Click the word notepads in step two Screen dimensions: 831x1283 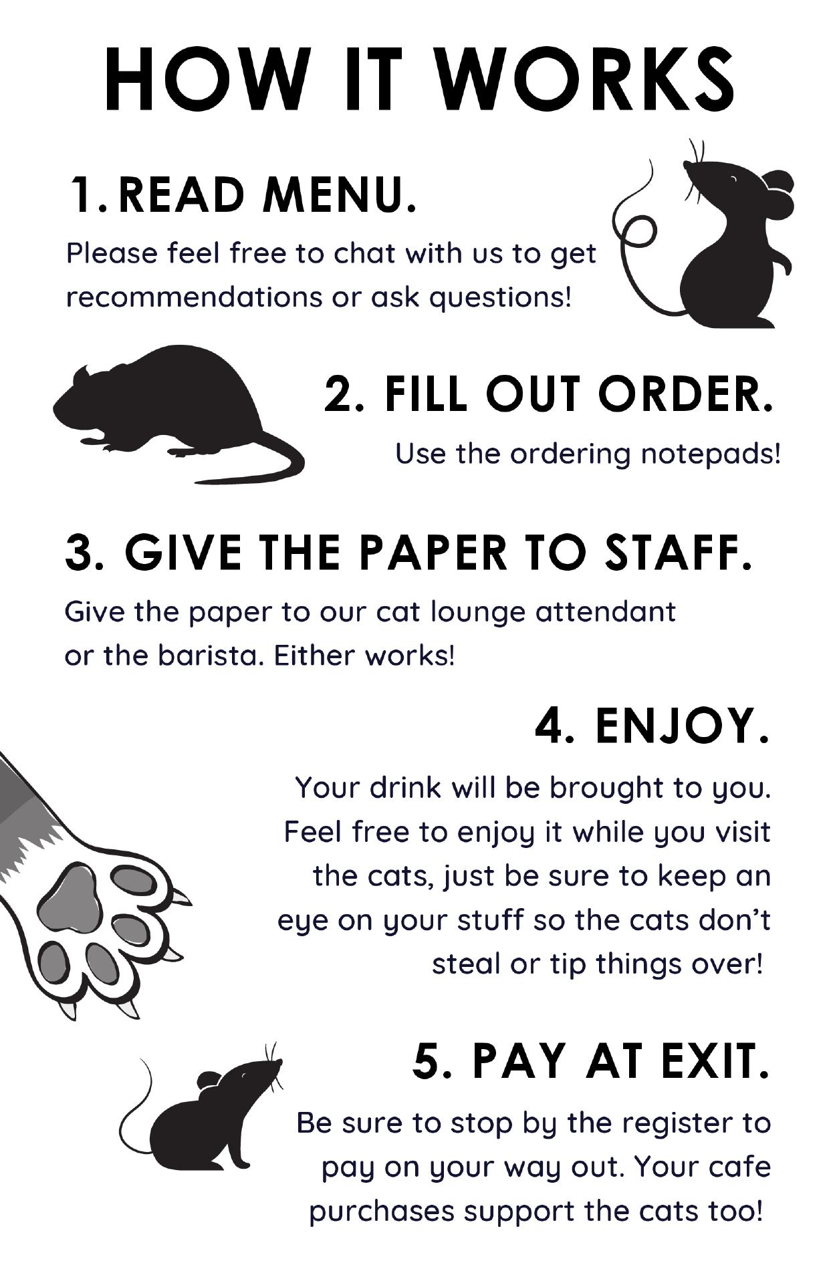[x=710, y=454]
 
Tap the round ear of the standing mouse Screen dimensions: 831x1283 [x=777, y=194]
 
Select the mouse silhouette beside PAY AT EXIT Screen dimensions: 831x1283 [x=201, y=1110]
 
